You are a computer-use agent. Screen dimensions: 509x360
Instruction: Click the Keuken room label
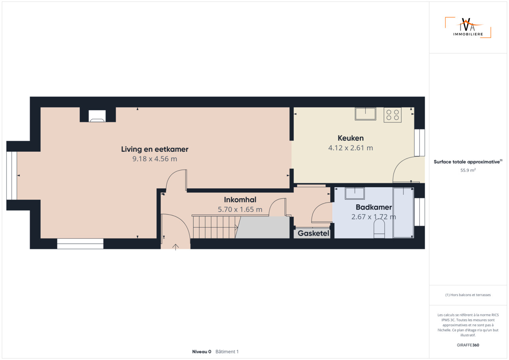click(350, 138)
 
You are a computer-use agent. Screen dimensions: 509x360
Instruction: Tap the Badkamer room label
click(373, 207)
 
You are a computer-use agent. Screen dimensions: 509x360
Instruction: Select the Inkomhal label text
click(240, 200)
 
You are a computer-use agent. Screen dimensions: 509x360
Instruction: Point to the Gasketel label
click(313, 233)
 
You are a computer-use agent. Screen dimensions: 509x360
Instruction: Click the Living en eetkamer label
click(155, 149)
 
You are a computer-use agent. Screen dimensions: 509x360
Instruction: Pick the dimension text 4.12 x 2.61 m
click(350, 148)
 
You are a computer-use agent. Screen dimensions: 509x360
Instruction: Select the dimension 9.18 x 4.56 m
click(155, 159)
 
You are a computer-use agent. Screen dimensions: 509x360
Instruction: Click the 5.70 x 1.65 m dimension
click(240, 209)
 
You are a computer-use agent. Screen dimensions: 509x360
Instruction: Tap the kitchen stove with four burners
click(392, 115)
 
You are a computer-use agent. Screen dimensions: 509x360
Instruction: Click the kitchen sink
click(365, 114)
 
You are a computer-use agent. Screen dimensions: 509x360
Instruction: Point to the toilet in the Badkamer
click(379, 228)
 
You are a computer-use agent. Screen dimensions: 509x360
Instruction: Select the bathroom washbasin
click(354, 194)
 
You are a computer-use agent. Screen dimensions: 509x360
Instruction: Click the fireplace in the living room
click(97, 116)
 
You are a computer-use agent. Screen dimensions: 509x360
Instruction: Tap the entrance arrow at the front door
click(175, 247)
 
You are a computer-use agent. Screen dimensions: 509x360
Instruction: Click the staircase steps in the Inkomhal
click(215, 227)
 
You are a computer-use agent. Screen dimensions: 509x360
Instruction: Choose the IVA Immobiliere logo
click(468, 27)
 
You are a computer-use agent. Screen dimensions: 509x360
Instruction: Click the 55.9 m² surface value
click(468, 170)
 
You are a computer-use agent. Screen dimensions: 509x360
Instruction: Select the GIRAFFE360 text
click(468, 345)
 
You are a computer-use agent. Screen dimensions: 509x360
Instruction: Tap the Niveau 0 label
click(202, 352)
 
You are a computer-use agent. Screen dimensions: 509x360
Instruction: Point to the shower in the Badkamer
click(403, 213)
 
